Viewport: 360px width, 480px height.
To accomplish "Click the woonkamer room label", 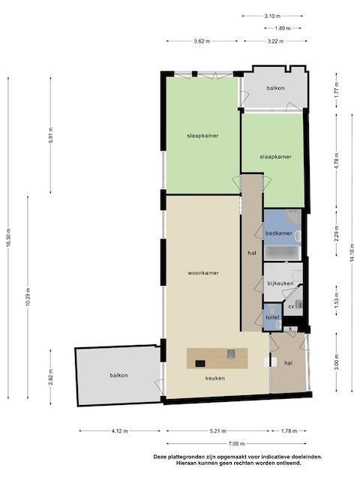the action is [x=203, y=273].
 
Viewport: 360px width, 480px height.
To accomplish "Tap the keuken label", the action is [x=215, y=378].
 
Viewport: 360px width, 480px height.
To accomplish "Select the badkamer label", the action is [x=278, y=233].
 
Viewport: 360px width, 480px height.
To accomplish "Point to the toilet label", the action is [x=272, y=317].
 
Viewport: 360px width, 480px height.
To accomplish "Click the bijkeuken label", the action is [x=280, y=283].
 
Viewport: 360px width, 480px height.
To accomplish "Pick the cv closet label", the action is [x=291, y=306].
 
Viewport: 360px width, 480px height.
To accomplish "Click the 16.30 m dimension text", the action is [x=8, y=238].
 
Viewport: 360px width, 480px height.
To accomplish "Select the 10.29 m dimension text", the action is [x=28, y=297].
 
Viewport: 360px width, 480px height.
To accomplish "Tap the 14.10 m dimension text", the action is [x=352, y=253].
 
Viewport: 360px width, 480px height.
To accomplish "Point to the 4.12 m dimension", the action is [x=120, y=431].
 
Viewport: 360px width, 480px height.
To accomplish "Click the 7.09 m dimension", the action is [x=236, y=443].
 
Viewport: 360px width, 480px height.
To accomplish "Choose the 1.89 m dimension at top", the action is [x=282, y=28].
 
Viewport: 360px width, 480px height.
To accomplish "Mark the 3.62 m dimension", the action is [x=202, y=41].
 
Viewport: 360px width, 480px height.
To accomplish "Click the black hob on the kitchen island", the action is [x=200, y=363].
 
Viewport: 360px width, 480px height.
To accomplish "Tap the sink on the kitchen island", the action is [x=231, y=354].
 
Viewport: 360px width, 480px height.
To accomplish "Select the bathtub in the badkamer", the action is [x=283, y=253].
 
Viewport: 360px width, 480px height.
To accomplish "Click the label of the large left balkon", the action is [x=118, y=375].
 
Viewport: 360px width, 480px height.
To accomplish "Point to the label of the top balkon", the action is [x=275, y=88].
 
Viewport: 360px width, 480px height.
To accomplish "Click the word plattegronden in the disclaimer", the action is [x=184, y=457].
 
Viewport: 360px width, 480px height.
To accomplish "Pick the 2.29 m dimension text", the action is [x=337, y=233].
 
